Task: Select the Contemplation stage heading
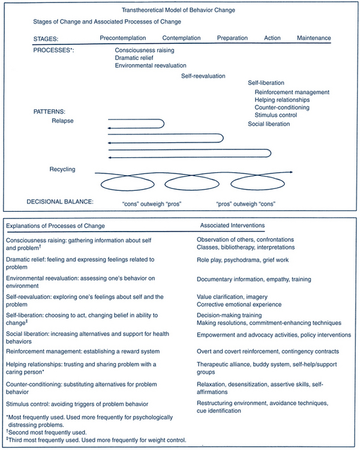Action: (181, 38)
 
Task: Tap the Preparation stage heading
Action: (232, 38)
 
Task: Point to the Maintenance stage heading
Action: (314, 38)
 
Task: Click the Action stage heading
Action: (272, 38)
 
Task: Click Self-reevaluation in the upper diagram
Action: (203, 76)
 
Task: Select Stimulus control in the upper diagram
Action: (277, 115)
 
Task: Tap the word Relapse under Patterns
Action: (64, 121)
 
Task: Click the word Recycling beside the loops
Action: (62, 169)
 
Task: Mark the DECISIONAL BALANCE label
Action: (59, 201)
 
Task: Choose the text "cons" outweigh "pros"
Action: (151, 204)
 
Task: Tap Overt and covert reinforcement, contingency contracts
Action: (268, 351)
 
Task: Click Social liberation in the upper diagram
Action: (269, 124)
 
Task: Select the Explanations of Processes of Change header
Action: (56, 225)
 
